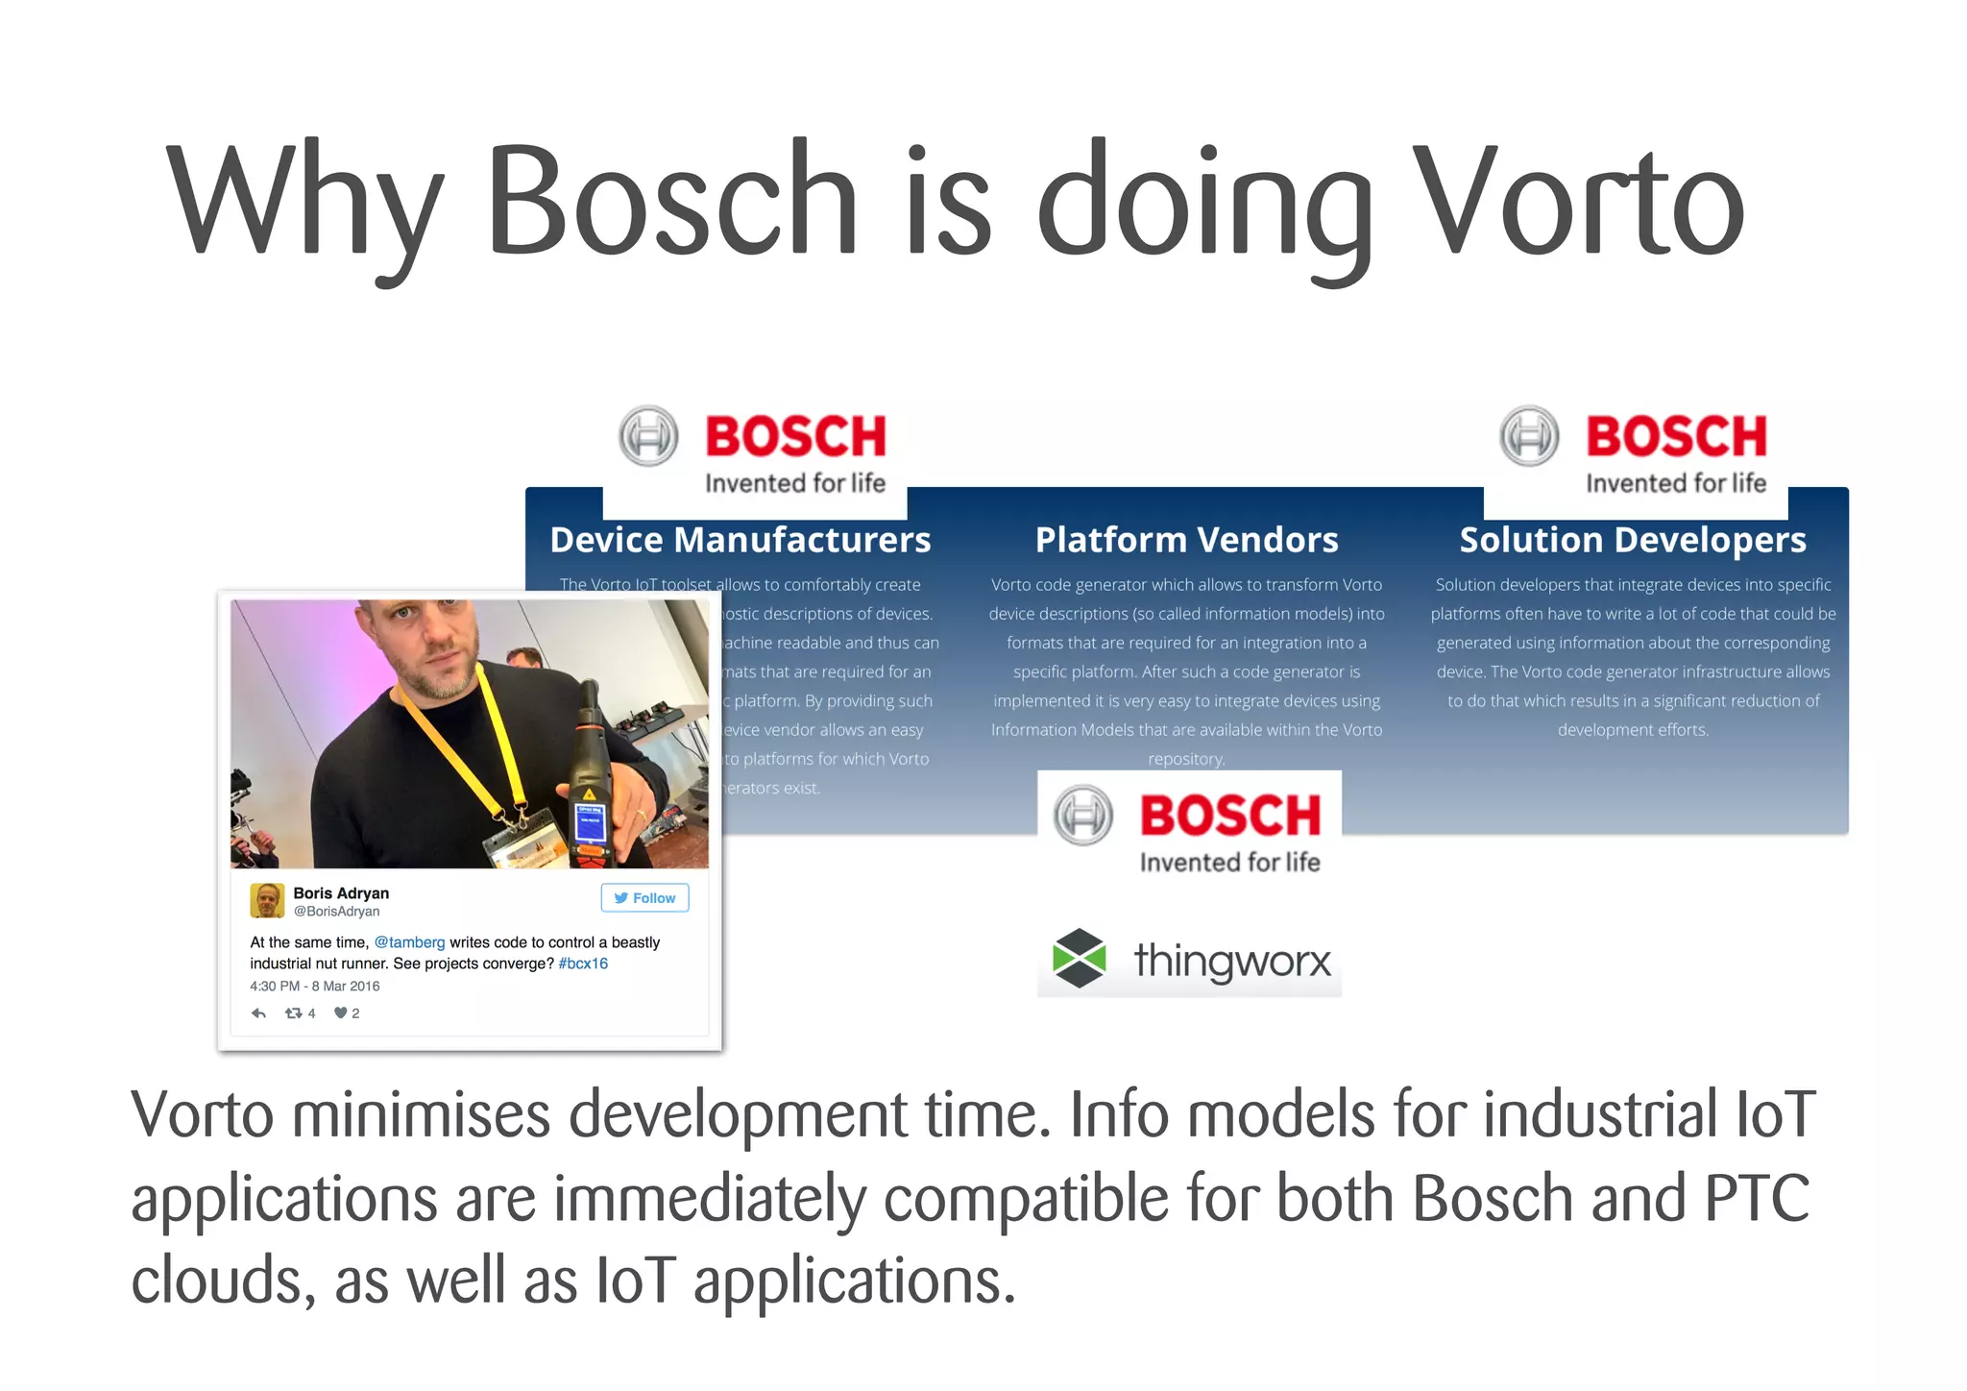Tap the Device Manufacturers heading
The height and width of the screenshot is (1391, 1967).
click(741, 540)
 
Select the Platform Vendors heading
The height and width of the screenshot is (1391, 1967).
click(1186, 540)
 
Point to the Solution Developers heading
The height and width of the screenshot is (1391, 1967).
click(1633, 540)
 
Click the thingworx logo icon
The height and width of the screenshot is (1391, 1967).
click(1080, 959)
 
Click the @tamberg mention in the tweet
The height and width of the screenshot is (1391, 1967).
click(409, 942)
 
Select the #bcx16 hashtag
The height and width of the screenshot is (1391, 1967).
click(583, 964)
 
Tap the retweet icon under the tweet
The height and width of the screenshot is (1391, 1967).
click(294, 1013)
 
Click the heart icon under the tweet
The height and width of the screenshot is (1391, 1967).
click(340, 1013)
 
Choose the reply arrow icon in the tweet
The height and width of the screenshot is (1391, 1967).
click(258, 1013)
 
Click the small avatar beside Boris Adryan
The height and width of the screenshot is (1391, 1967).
click(267, 901)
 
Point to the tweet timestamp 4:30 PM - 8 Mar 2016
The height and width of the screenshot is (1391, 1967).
click(315, 987)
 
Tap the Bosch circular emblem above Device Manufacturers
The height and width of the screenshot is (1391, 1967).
click(648, 436)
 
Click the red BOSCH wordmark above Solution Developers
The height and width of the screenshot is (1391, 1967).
click(1676, 436)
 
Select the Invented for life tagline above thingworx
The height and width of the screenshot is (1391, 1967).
click(1229, 863)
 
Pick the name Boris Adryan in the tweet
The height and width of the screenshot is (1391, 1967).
click(341, 893)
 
